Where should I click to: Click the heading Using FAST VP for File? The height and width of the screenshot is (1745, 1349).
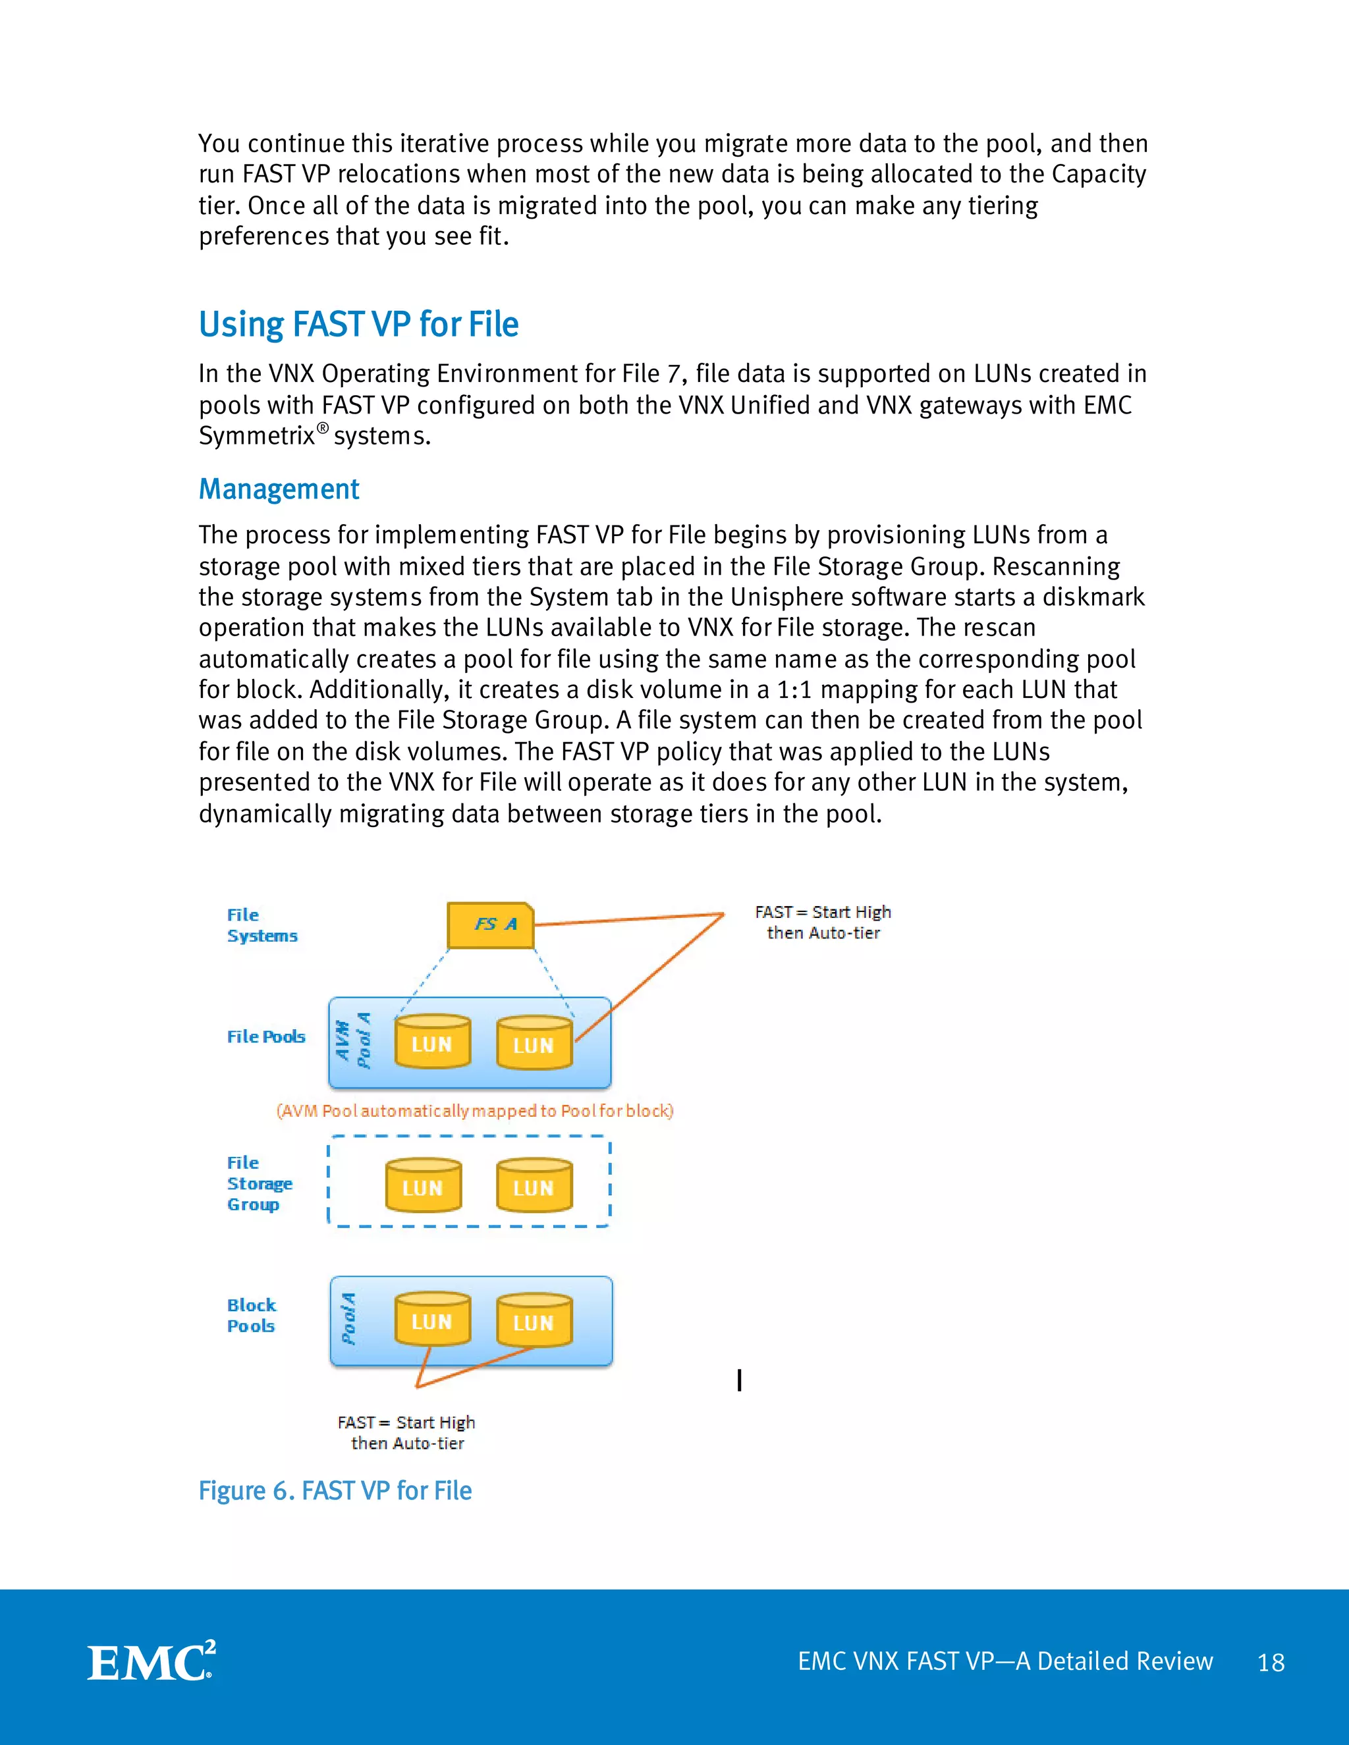pyautogui.click(x=358, y=325)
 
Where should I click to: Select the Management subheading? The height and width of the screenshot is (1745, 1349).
pyautogui.click(x=279, y=489)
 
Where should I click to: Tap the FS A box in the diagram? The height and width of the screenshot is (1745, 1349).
pyautogui.click(x=490, y=925)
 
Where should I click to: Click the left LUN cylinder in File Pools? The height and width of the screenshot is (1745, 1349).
pyautogui.click(x=432, y=1042)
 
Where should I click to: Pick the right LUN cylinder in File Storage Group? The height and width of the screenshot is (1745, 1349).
pyautogui.click(x=534, y=1186)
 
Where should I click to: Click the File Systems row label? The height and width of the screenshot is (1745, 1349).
pyautogui.click(x=262, y=925)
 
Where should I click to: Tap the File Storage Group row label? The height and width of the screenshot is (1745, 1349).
pyautogui.click(x=259, y=1183)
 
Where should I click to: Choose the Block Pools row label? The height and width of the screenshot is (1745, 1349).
pyautogui.click(x=251, y=1315)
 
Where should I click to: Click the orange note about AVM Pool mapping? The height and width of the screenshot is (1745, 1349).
pyautogui.click(x=475, y=1111)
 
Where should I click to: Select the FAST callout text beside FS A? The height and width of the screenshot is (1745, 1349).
pyautogui.click(x=822, y=922)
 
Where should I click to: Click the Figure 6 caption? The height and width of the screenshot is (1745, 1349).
pyautogui.click(x=335, y=1491)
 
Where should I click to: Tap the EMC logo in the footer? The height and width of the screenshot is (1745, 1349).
pyautogui.click(x=151, y=1662)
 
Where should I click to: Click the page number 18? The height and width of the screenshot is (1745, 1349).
pyautogui.click(x=1271, y=1663)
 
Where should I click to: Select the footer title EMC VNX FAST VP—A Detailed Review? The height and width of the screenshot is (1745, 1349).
pyautogui.click(x=1005, y=1661)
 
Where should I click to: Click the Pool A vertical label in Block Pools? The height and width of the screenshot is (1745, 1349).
pyautogui.click(x=348, y=1319)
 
